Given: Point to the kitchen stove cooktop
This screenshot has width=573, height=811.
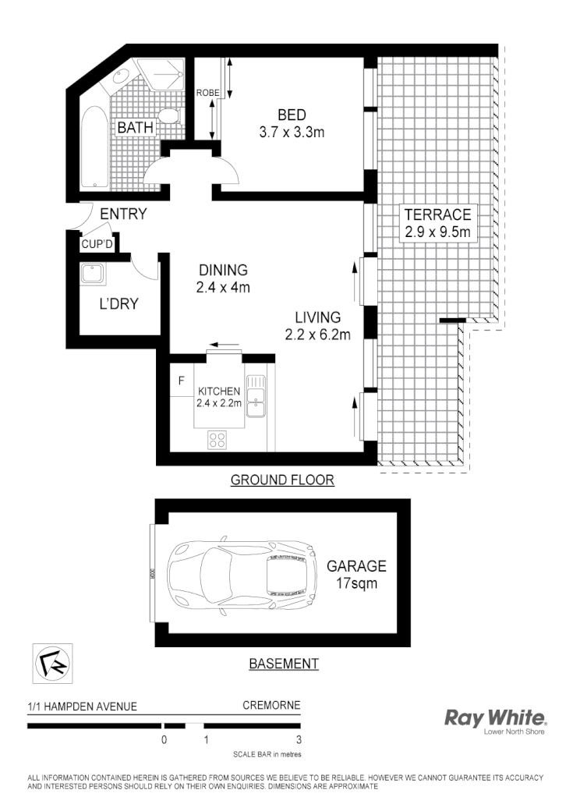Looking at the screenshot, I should point(218,440).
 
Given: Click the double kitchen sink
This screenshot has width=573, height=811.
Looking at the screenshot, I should point(256,394).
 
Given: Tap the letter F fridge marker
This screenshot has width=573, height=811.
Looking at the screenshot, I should point(181,381).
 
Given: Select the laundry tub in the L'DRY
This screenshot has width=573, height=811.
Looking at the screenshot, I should point(93,275).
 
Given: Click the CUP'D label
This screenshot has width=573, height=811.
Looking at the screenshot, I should point(97,243).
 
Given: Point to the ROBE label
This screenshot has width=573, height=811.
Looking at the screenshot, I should point(207,93).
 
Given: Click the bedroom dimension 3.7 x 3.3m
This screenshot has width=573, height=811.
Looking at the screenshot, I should point(291,133).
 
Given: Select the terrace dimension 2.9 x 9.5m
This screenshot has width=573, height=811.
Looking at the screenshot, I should point(437,231).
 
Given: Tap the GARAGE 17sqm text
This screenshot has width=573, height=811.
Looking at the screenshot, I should point(355,574).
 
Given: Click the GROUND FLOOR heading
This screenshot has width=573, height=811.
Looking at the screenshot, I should point(282,480).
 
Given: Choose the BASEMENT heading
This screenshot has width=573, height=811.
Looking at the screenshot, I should point(283,664).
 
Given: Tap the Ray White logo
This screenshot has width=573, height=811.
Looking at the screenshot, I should point(495,719).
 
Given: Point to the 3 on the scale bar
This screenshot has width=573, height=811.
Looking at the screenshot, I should point(299,740).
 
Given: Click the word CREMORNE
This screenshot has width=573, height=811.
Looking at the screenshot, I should point(271,707).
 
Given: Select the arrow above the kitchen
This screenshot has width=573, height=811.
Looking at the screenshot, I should point(225,345).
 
